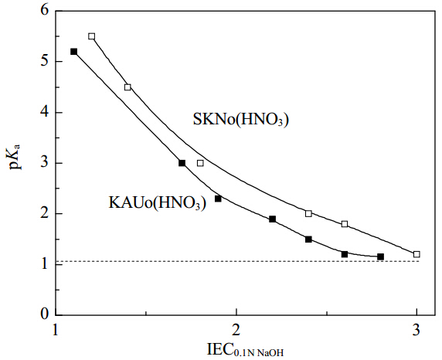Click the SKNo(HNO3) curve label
click(241, 120)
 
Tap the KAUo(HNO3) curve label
click(158, 202)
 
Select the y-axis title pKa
click(15, 157)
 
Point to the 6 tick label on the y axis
click(45, 11)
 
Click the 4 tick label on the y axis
click(45, 112)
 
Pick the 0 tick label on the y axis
click(45, 314)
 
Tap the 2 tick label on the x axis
click(236, 329)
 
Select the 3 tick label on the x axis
click(416, 329)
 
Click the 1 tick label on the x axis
click(56, 329)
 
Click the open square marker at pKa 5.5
click(92, 36)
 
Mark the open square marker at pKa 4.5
click(127, 87)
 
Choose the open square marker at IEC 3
click(416, 254)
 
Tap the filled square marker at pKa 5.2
click(74, 52)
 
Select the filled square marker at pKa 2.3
click(218, 199)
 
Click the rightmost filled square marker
click(380, 256)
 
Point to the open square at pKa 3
click(200, 163)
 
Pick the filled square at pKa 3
click(182, 163)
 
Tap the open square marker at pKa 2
click(308, 213)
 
